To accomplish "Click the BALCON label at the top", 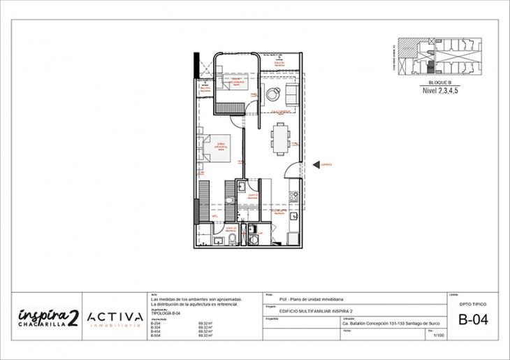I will click(x=279, y=63).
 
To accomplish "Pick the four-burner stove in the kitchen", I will click(x=294, y=199).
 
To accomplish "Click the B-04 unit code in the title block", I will click(x=473, y=321).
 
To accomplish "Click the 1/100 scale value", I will click(x=438, y=336).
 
